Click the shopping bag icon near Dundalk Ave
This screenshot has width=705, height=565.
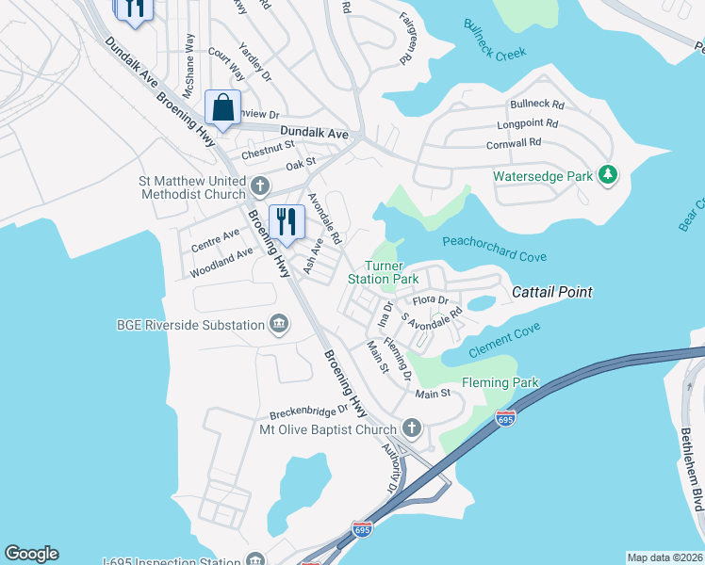click(x=222, y=108)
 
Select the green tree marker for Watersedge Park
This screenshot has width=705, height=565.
click(x=609, y=174)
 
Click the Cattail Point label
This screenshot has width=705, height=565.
click(x=551, y=293)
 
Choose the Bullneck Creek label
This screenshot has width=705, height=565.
click(x=494, y=40)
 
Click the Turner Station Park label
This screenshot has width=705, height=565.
click(x=383, y=273)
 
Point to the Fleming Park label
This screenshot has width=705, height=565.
click(x=500, y=383)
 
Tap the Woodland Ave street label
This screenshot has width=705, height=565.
click(x=221, y=263)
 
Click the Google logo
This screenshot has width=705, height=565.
click(x=31, y=554)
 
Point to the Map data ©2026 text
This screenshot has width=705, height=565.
click(x=664, y=557)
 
